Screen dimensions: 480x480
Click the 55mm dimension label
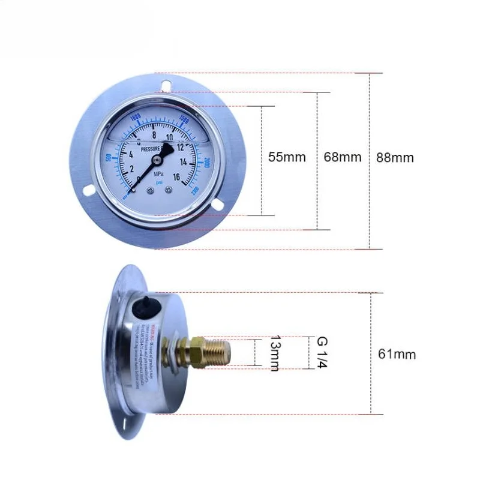pos(287,158)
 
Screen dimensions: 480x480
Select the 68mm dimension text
pos(343,158)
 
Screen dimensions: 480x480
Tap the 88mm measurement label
pos(395,158)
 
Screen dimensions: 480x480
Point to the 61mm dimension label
pos(397,354)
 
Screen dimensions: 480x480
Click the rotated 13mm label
pos(274,353)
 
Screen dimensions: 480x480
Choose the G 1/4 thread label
pos(322,353)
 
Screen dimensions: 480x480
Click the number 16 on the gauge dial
pos(178,176)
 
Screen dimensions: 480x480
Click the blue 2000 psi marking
pos(206,163)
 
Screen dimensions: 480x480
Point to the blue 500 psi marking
pos(108,157)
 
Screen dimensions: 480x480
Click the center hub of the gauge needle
pos(157,160)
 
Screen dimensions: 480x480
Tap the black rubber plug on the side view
pos(145,305)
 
